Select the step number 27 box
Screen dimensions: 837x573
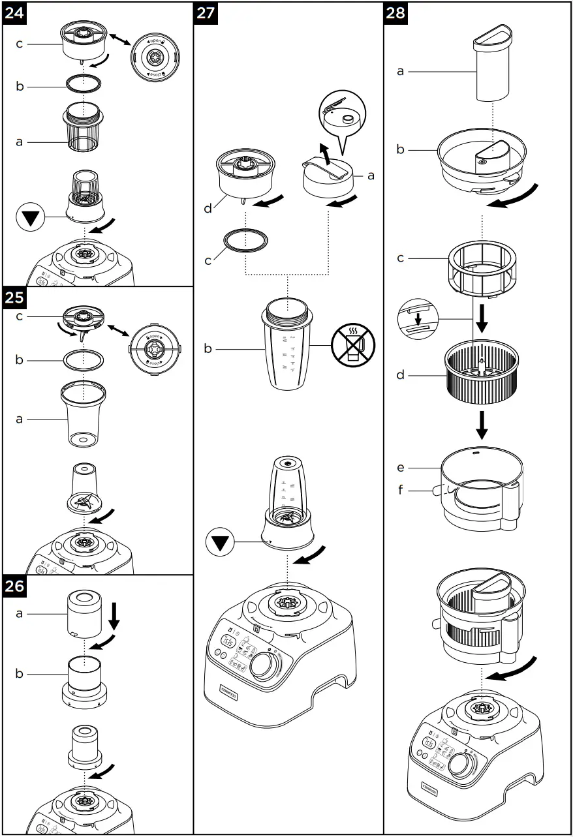click(x=207, y=14)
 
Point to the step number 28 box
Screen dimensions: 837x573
click(x=397, y=14)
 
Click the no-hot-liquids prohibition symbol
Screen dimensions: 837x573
click(x=352, y=346)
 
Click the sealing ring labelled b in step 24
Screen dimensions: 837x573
click(x=85, y=84)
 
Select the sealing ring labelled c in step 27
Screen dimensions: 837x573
click(x=245, y=241)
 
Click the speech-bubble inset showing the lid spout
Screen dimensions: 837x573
click(x=344, y=114)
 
